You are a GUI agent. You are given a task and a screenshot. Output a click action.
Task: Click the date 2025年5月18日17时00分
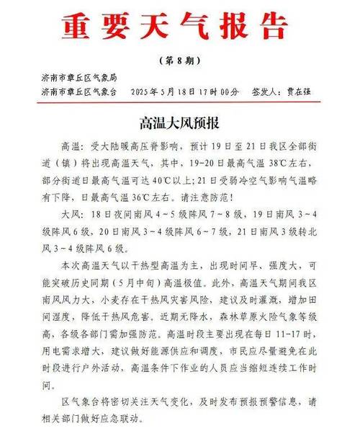183,92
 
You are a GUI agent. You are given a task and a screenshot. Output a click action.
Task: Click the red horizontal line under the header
180,102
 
